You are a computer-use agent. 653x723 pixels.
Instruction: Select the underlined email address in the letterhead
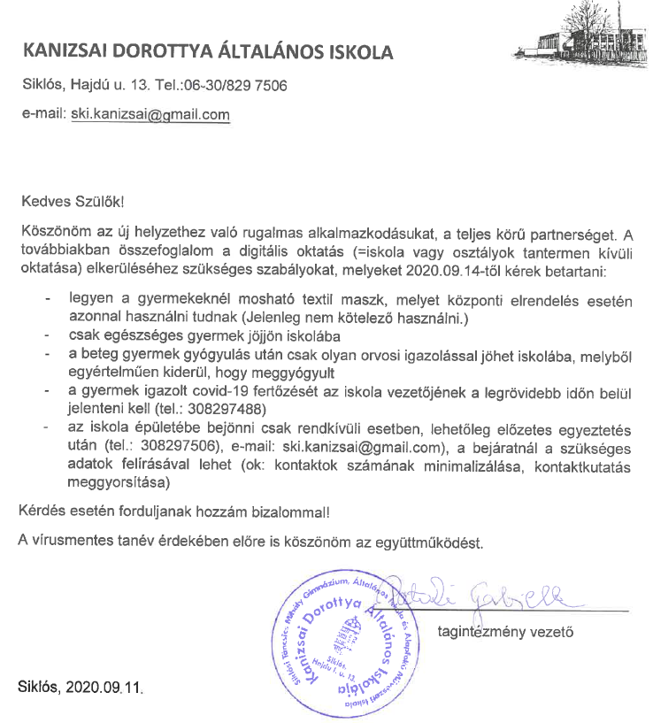pyautogui.click(x=150, y=115)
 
